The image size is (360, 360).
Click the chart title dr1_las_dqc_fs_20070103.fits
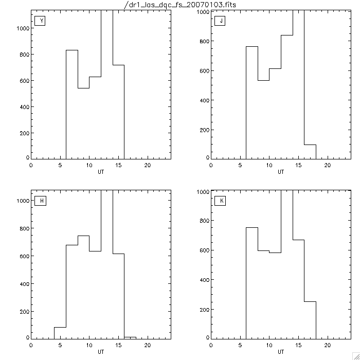click(x=179, y=5)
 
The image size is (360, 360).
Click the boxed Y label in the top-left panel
click(x=40, y=21)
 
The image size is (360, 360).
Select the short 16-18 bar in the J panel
click(x=310, y=151)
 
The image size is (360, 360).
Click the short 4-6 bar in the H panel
click(x=60, y=332)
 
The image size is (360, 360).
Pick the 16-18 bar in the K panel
click(x=310, y=319)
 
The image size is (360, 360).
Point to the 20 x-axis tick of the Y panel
click(x=147, y=165)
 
